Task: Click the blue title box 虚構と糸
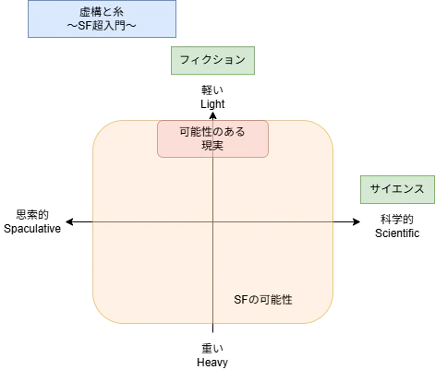tap(102, 19)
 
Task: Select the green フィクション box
tap(212, 61)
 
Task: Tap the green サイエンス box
tap(397, 189)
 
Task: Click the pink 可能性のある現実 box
tap(212, 138)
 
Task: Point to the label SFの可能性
tap(263, 300)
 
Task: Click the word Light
tap(212, 104)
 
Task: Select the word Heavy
tap(212, 363)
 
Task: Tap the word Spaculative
tap(32, 229)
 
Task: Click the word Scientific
tap(397, 233)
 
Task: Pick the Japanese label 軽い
tap(212, 90)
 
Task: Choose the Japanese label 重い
tap(212, 349)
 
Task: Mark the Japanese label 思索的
tap(32, 215)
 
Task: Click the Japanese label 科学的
tap(397, 220)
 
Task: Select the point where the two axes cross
tap(212, 221)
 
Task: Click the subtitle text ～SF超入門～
tap(102, 26)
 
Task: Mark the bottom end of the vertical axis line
tap(212, 332)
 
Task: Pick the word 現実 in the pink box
tap(212, 146)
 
